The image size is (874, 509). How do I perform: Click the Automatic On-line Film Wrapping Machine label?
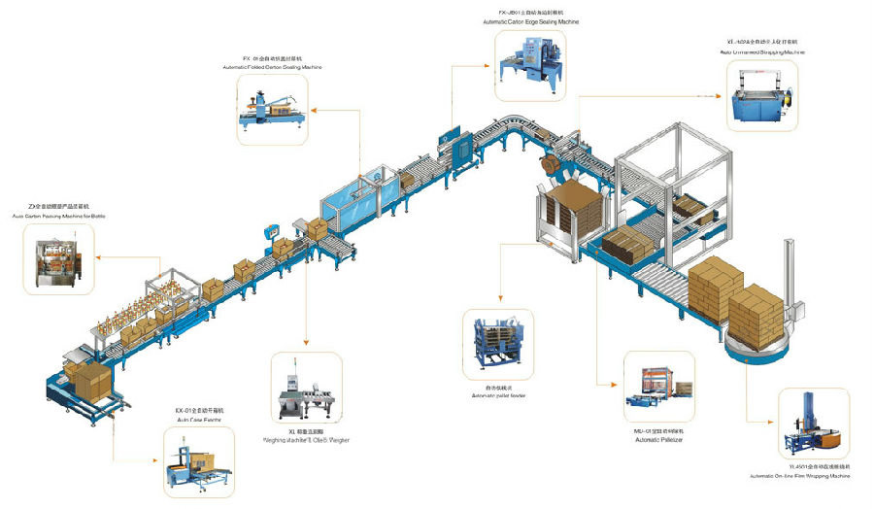[x=800, y=477]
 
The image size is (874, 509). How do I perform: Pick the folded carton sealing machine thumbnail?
[x=271, y=109]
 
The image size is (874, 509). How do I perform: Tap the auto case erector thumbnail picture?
[x=198, y=459]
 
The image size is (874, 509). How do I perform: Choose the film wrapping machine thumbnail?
[x=813, y=424]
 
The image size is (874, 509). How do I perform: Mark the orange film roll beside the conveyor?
[x=550, y=165]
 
